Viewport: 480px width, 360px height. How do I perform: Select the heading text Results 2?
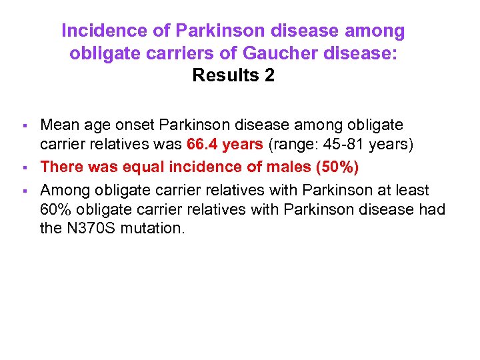[x=233, y=75]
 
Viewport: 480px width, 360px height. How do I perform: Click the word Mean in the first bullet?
[x=59, y=125]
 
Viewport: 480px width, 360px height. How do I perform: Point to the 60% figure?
[x=55, y=210]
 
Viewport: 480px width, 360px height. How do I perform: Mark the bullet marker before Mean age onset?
[x=25, y=126]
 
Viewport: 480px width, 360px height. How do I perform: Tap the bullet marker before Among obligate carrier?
[x=25, y=191]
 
